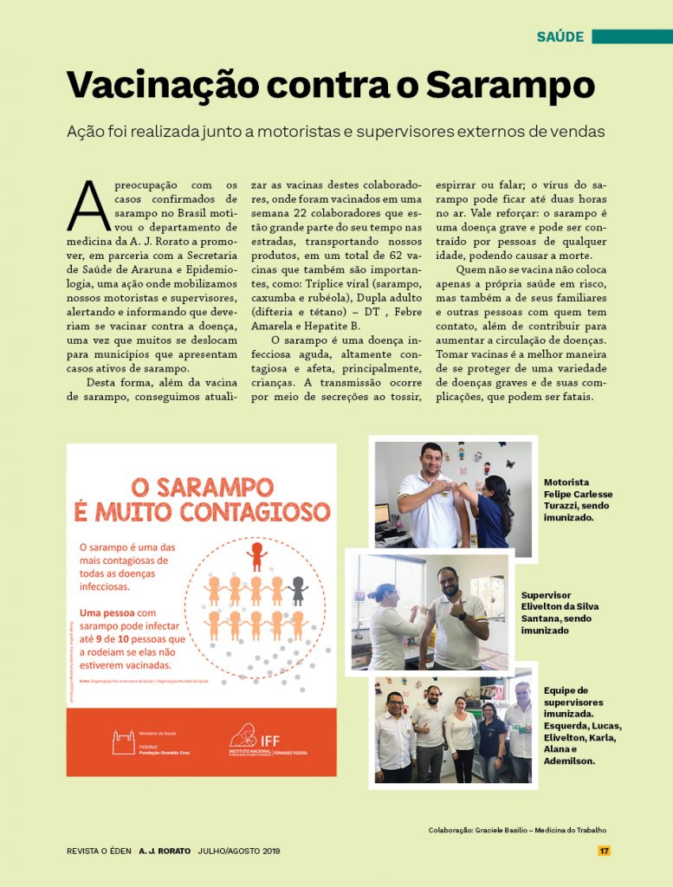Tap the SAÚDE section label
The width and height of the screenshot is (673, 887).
coord(560,36)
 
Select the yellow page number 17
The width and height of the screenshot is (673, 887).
coord(604,851)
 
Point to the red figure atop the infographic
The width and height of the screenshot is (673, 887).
coord(256,555)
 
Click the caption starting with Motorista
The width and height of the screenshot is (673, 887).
coord(578,500)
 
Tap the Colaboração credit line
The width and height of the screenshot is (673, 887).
coord(517,830)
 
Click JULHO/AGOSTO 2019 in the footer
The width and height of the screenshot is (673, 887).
coord(238,851)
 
